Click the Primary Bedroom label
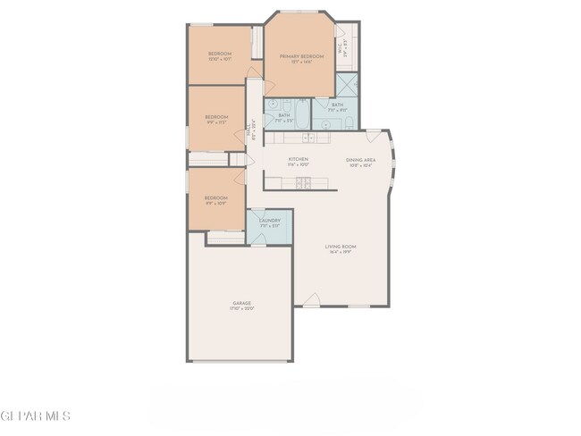(x=299, y=56)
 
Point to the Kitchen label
(x=299, y=160)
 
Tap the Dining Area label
(x=361, y=160)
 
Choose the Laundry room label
(x=270, y=221)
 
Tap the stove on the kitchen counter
(x=304, y=183)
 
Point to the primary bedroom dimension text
(x=299, y=62)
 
